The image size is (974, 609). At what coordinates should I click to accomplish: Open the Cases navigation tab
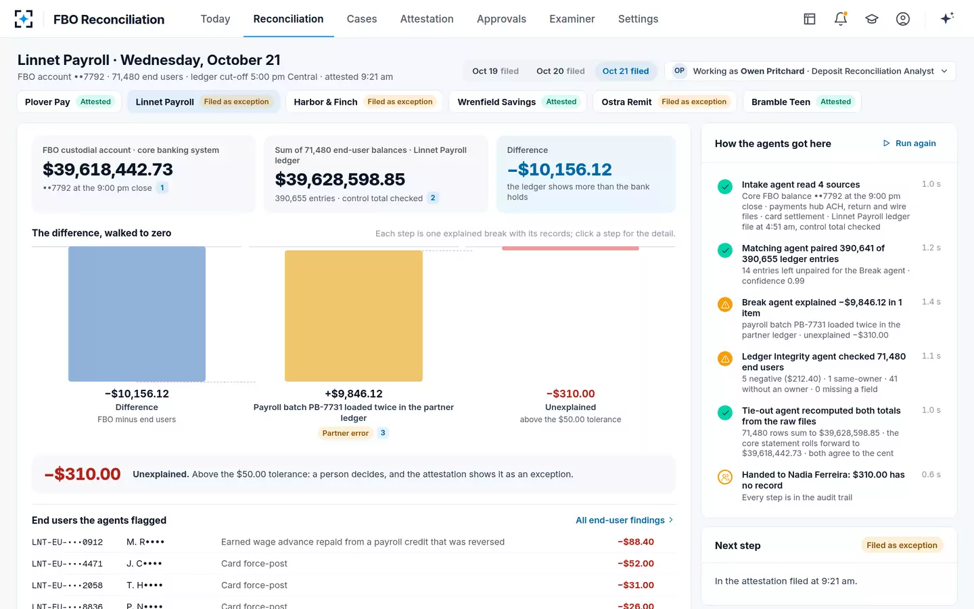pos(361,19)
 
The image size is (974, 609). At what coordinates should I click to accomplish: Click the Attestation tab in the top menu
pos(427,19)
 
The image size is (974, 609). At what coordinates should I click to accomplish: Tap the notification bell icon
pos(841,19)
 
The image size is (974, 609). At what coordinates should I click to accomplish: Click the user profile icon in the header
pos(903,19)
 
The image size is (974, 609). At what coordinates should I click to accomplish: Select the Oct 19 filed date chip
pos(495,71)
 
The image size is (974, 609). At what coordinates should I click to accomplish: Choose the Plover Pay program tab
pos(69,101)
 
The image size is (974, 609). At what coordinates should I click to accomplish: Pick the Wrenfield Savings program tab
pos(517,101)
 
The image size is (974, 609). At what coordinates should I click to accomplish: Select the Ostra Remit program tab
pos(664,101)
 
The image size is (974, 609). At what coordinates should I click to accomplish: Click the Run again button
pos(909,143)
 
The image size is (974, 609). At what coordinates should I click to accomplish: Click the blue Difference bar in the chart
pos(137,314)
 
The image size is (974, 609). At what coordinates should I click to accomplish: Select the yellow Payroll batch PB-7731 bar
pos(354,316)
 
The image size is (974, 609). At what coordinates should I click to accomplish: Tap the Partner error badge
pos(345,433)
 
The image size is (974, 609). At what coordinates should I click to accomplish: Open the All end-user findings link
pos(624,520)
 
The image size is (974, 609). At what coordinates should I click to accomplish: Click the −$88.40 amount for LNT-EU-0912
pos(636,541)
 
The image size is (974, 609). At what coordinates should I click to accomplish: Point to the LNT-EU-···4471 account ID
pos(67,564)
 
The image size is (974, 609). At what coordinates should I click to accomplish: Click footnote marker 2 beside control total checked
pos(433,198)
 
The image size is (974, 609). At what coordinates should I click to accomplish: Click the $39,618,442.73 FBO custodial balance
pos(108,169)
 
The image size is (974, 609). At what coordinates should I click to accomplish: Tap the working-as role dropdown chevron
pos(944,71)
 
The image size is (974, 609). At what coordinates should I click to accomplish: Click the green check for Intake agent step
pos(725,187)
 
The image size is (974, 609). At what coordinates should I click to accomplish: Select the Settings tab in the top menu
pos(638,19)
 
